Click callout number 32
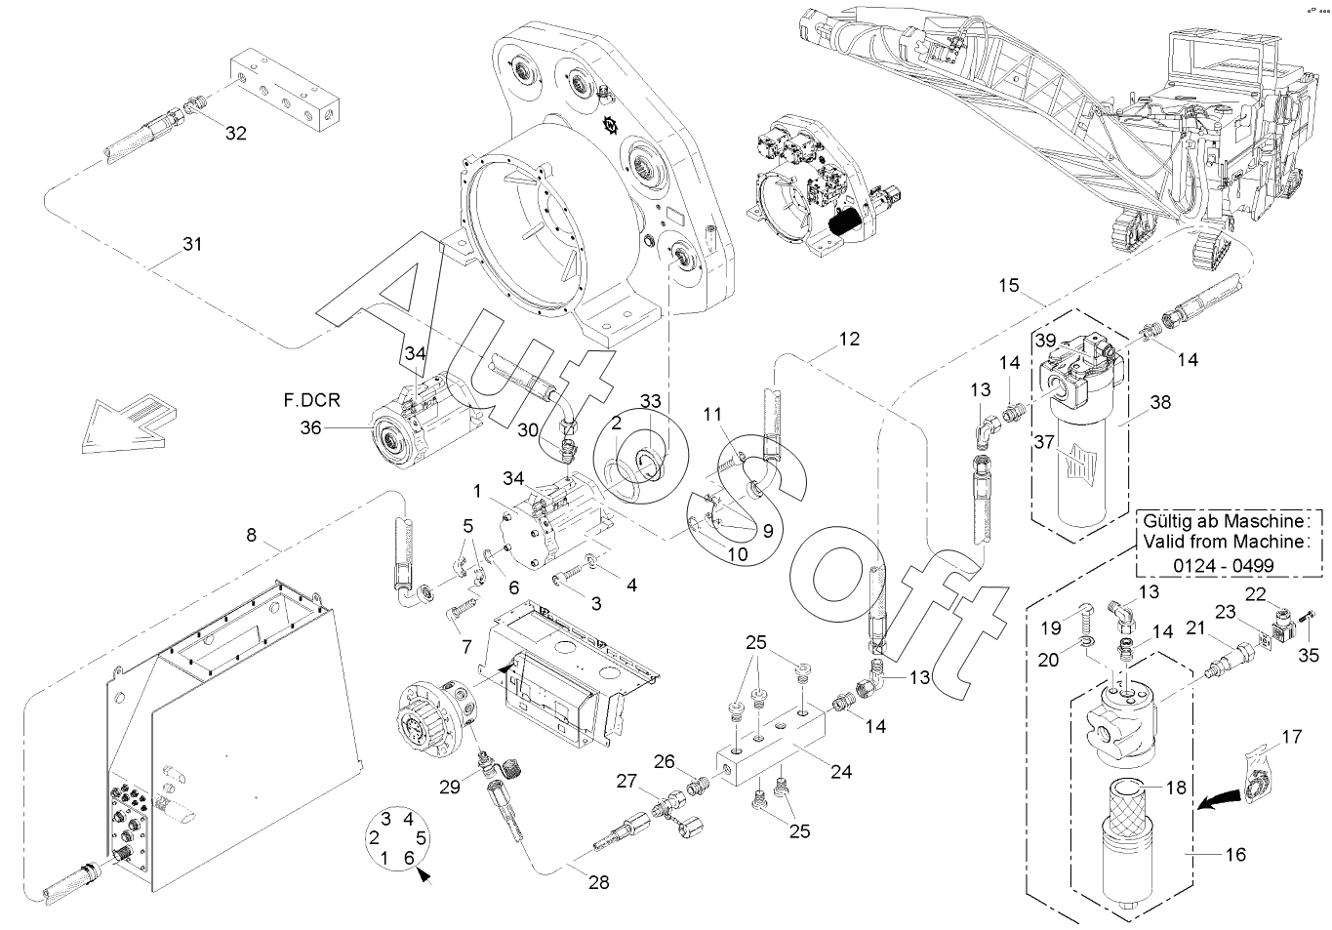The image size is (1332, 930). coord(235,133)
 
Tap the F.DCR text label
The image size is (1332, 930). coord(312,400)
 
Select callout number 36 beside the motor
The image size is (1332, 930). coord(310,427)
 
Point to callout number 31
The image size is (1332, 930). coord(192,244)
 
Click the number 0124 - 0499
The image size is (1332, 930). coord(1224,564)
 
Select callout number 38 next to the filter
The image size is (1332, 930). coord(1160,402)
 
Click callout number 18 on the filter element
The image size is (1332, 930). coord(1176,788)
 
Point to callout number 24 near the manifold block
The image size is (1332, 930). coord(841,772)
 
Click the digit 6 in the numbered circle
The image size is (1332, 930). coord(409,858)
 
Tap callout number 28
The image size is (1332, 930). coord(599,882)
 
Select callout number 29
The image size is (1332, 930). coord(450,788)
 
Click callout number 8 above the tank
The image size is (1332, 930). coord(251,535)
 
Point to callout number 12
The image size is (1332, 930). coord(849,339)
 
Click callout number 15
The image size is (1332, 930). coord(1009,285)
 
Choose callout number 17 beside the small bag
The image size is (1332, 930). coord(1292,737)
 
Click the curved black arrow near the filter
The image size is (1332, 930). coord(1220,798)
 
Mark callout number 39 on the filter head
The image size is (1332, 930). coord(1045,341)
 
